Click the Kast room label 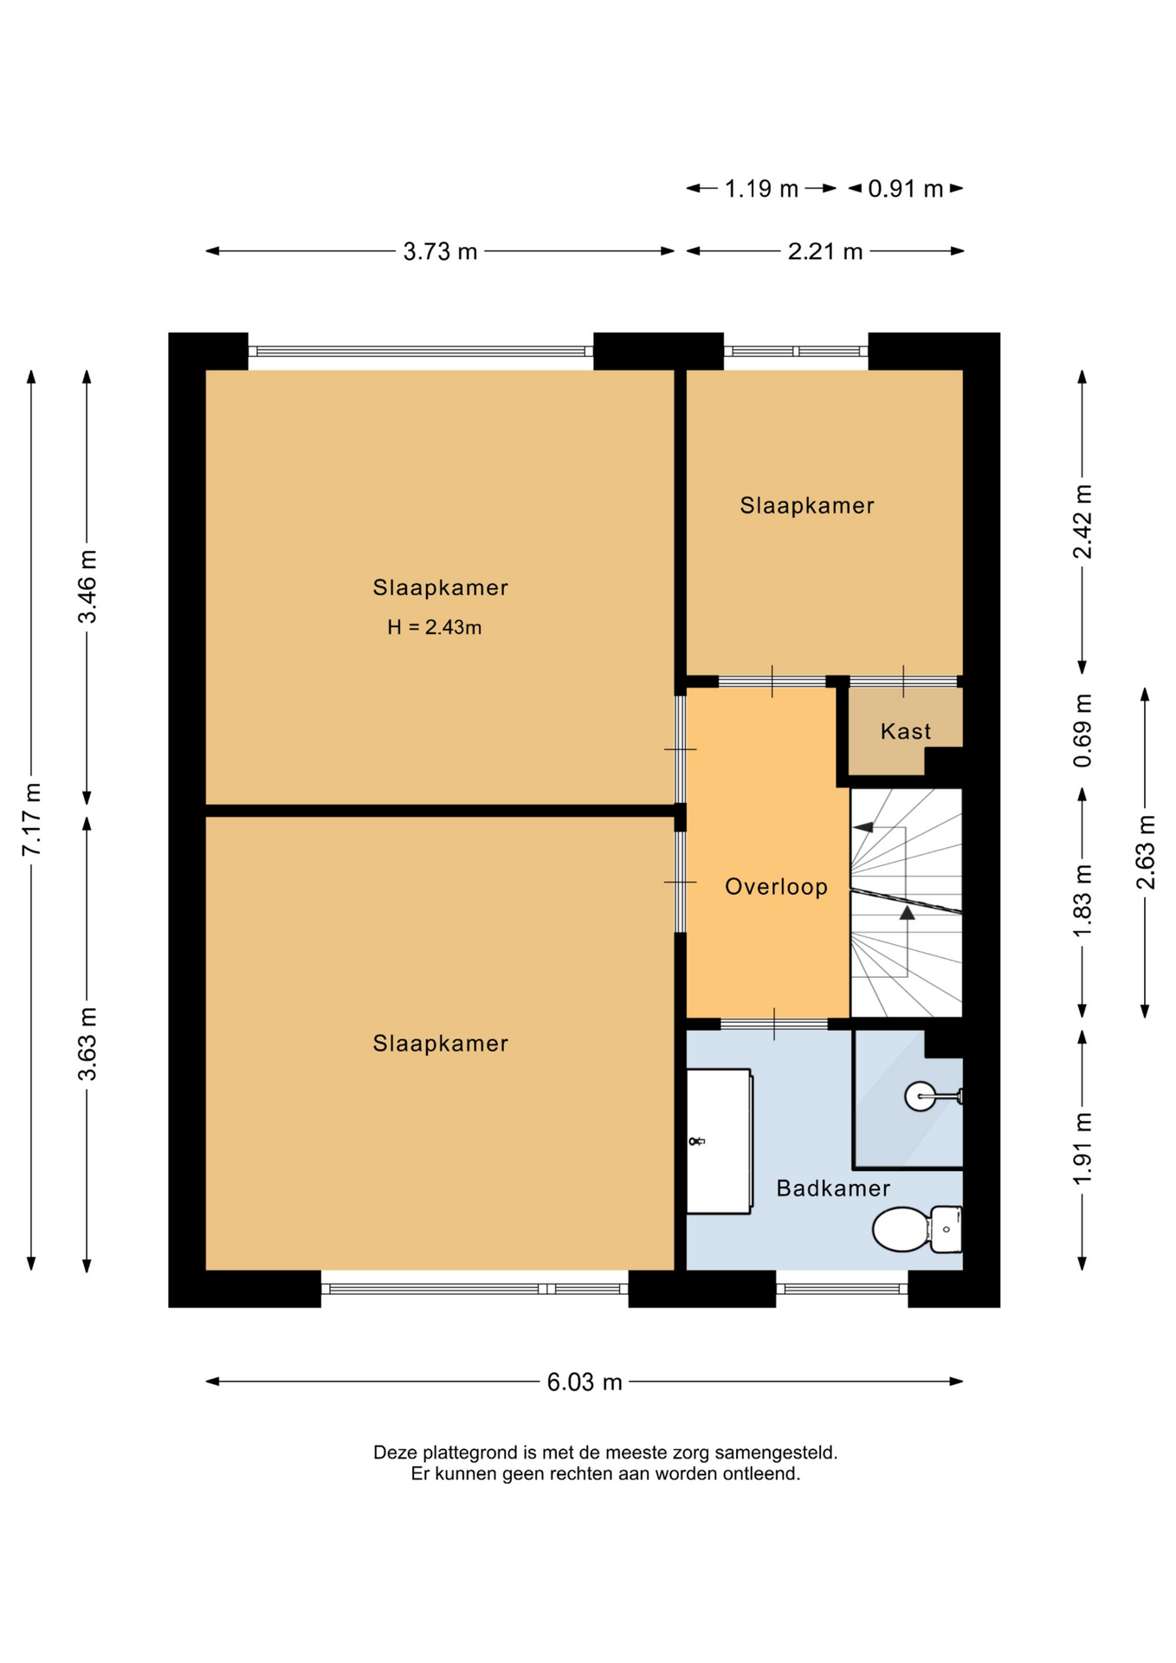click(905, 731)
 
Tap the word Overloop click(776, 886)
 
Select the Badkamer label click(832, 1187)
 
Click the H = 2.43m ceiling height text click(434, 627)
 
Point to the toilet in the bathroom click(917, 1228)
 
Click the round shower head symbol click(920, 1097)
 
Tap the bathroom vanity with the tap click(719, 1141)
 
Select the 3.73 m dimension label click(440, 251)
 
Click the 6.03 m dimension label click(585, 1382)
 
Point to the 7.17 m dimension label click(31, 819)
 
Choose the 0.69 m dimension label click(1082, 730)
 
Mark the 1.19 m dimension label click(761, 188)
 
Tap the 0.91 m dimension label click(905, 188)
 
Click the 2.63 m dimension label click(1146, 852)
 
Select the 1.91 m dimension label click(1082, 1149)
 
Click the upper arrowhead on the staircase click(863, 827)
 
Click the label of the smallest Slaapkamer click(806, 505)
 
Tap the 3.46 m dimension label click(87, 586)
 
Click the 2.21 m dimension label click(825, 251)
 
